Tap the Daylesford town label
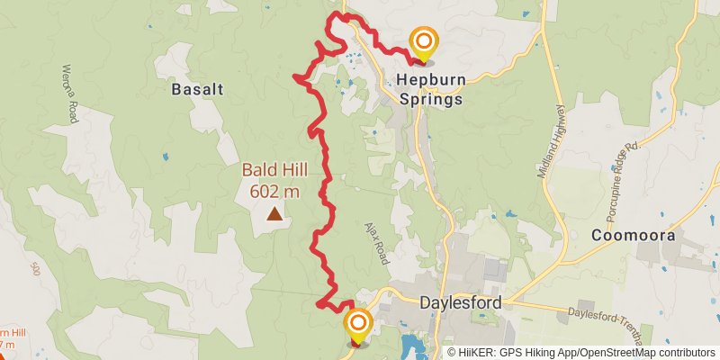(460, 303)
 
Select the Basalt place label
(196, 89)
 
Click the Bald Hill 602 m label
(274, 180)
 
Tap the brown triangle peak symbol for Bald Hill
(274, 214)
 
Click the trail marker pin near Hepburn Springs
(423, 44)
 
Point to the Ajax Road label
(377, 243)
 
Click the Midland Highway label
(551, 140)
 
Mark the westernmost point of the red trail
(295, 77)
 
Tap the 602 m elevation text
(274, 191)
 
